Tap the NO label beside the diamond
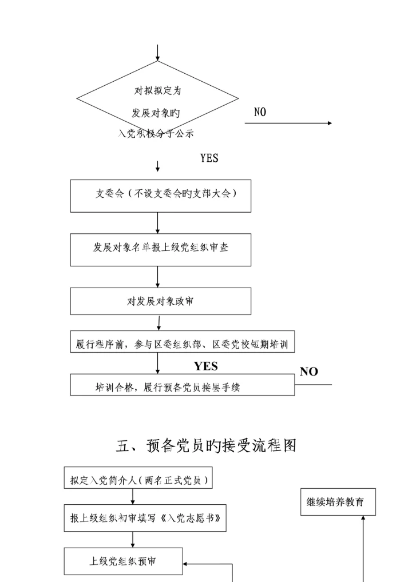(260, 113)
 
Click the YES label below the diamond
(209, 158)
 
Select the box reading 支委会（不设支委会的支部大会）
(160, 196)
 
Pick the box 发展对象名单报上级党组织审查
(160, 249)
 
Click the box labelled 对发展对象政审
(160, 301)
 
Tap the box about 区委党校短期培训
(182, 344)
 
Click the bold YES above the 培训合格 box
(206, 366)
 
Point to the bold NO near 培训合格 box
(308, 372)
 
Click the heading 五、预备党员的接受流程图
(206, 446)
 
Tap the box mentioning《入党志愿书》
(145, 518)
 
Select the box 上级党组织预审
(123, 561)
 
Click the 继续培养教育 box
(338, 502)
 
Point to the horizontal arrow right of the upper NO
(288, 123)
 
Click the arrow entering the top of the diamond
(157, 53)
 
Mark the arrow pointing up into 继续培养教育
(363, 543)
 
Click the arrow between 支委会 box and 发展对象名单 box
(157, 223)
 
